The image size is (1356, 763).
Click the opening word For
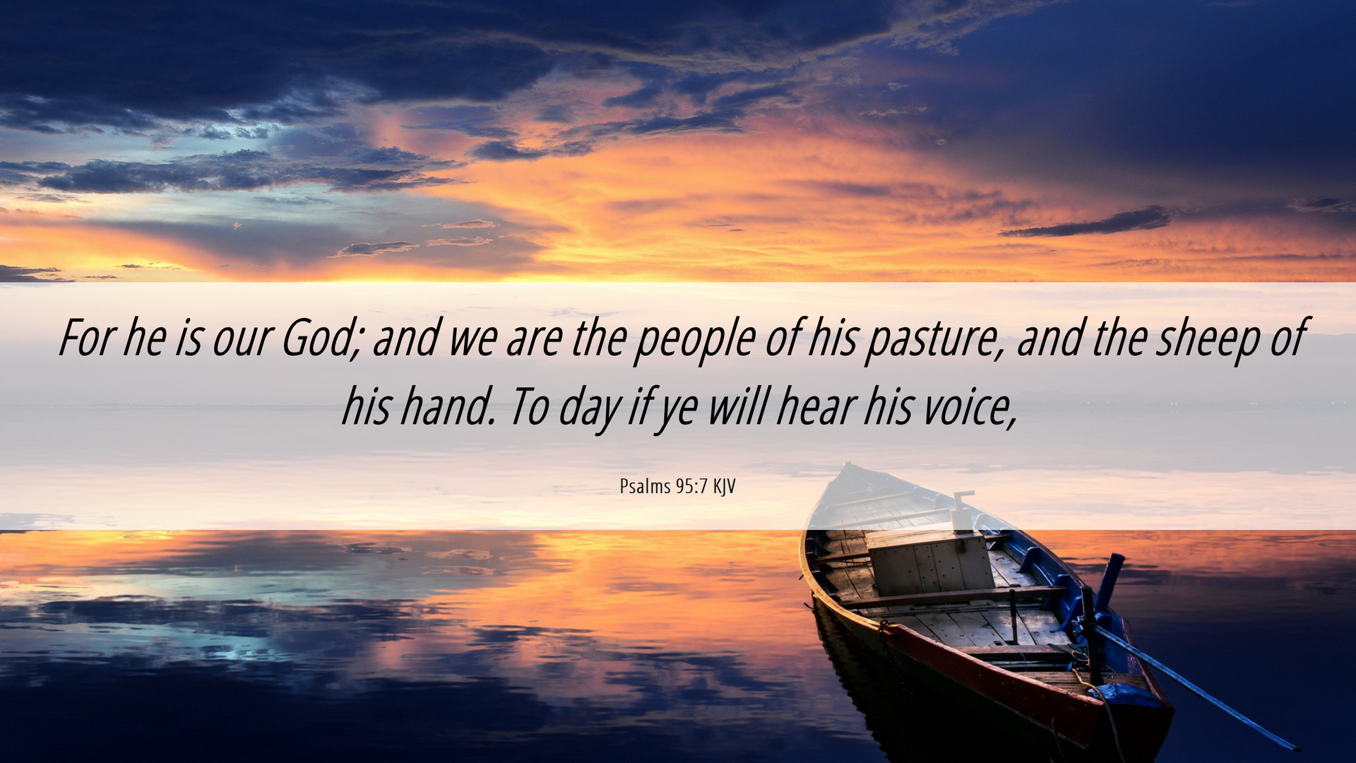(86, 338)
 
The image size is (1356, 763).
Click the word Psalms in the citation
(645, 486)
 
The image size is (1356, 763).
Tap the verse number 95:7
(691, 486)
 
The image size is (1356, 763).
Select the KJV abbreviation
(724, 487)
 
